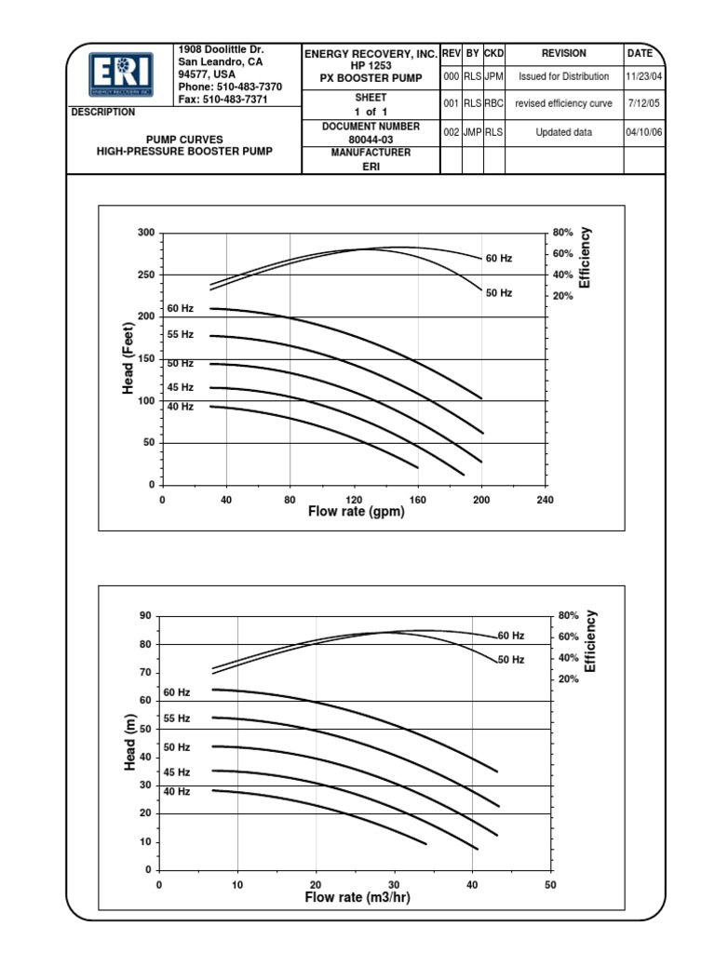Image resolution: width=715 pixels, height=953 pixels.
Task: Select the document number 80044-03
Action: click(x=370, y=140)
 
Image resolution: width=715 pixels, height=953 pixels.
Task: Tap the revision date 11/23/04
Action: click(x=644, y=76)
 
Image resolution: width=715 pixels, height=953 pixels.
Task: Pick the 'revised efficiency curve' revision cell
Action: click(x=564, y=104)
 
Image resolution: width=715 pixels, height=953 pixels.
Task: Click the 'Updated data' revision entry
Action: click(x=564, y=133)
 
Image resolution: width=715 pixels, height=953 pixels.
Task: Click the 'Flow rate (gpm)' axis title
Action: click(x=354, y=512)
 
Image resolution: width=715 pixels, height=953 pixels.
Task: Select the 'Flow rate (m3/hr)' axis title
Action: click(x=357, y=898)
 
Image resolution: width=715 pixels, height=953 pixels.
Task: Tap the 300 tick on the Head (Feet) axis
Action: click(x=144, y=232)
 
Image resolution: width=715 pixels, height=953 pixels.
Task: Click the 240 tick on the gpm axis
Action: click(x=545, y=500)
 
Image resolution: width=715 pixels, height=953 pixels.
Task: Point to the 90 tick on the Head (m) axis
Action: click(x=144, y=616)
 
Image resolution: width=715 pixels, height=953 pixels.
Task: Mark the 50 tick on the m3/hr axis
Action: click(x=549, y=884)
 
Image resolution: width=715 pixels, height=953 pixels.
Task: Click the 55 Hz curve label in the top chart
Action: click(x=181, y=334)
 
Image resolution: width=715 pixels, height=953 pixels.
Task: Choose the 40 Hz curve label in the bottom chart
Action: click(x=177, y=791)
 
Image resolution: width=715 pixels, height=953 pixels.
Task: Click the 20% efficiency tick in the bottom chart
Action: click(x=568, y=679)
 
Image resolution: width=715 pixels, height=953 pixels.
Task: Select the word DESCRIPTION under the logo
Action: click(x=103, y=112)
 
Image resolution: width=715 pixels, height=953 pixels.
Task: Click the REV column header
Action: click(x=451, y=54)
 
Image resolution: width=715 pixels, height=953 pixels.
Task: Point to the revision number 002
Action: click(x=451, y=133)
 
